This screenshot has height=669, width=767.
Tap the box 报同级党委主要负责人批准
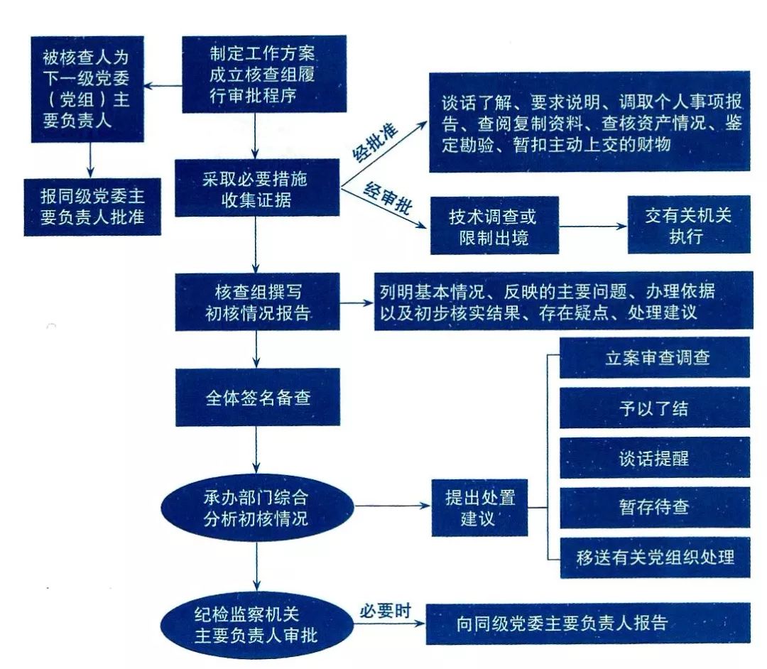pyautogui.click(x=92, y=207)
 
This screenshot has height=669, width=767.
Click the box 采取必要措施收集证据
pyautogui.click(x=257, y=189)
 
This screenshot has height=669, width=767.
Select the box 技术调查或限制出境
pyautogui.click(x=493, y=225)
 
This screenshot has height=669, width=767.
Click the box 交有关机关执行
pyautogui.click(x=688, y=224)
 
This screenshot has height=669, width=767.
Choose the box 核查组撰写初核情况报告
pyautogui.click(x=257, y=302)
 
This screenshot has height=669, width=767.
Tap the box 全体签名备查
pyautogui.click(x=257, y=397)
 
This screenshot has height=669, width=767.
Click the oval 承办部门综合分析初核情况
pyautogui.click(x=256, y=506)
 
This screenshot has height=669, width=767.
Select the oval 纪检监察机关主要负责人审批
pyautogui.click(x=256, y=622)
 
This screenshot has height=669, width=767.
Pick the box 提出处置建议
pyautogui.click(x=479, y=507)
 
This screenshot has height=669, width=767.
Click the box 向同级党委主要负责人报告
pyautogui.click(x=587, y=623)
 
